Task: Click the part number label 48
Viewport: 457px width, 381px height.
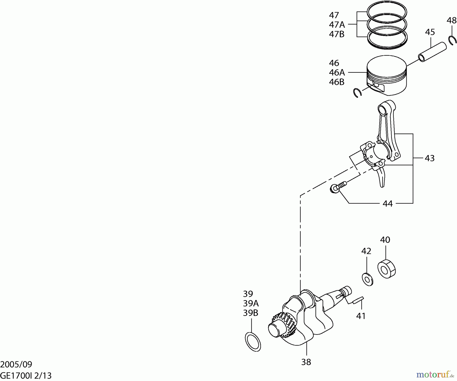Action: click(x=451, y=20)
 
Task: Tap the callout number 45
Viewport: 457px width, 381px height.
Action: click(x=430, y=32)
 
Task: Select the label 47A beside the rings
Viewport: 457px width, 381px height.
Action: click(x=337, y=25)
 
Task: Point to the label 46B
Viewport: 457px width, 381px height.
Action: click(x=336, y=82)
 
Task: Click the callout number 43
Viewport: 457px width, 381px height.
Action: click(x=430, y=158)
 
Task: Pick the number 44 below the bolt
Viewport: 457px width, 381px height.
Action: click(x=387, y=204)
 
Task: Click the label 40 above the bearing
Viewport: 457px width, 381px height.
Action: click(x=385, y=240)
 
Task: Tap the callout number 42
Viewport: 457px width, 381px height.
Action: click(x=366, y=251)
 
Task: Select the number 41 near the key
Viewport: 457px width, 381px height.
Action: click(x=361, y=316)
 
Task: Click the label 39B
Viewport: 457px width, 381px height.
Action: click(x=250, y=313)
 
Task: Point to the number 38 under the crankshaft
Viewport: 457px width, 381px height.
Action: click(x=306, y=362)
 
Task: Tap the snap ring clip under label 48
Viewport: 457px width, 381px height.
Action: click(x=452, y=41)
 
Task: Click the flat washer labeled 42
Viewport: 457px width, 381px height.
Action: click(x=367, y=279)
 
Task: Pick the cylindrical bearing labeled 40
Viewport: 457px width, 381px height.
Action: click(x=386, y=269)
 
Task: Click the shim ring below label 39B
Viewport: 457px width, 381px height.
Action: click(x=253, y=342)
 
